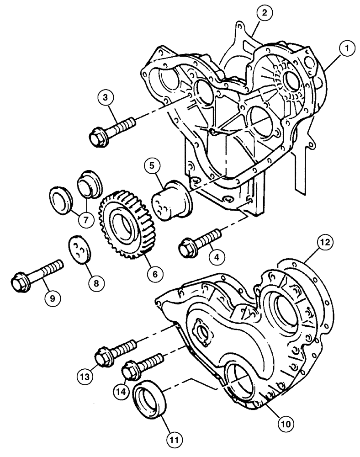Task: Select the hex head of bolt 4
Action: click(187, 247)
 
